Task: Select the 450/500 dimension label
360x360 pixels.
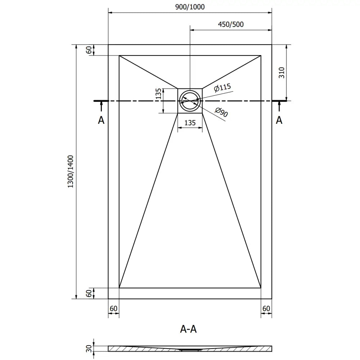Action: (x=230, y=24)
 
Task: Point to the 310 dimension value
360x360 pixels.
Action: (x=282, y=73)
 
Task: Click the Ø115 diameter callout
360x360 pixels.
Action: (x=222, y=88)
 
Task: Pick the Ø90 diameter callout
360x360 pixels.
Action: (x=221, y=113)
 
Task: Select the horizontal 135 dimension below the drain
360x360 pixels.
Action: (x=190, y=123)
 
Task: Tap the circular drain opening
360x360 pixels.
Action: (x=190, y=100)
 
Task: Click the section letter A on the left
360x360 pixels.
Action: (x=101, y=120)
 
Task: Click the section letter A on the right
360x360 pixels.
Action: (x=279, y=120)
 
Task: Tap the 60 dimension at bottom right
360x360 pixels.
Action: (x=266, y=309)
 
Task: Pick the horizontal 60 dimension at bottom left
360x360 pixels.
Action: (x=113, y=309)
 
